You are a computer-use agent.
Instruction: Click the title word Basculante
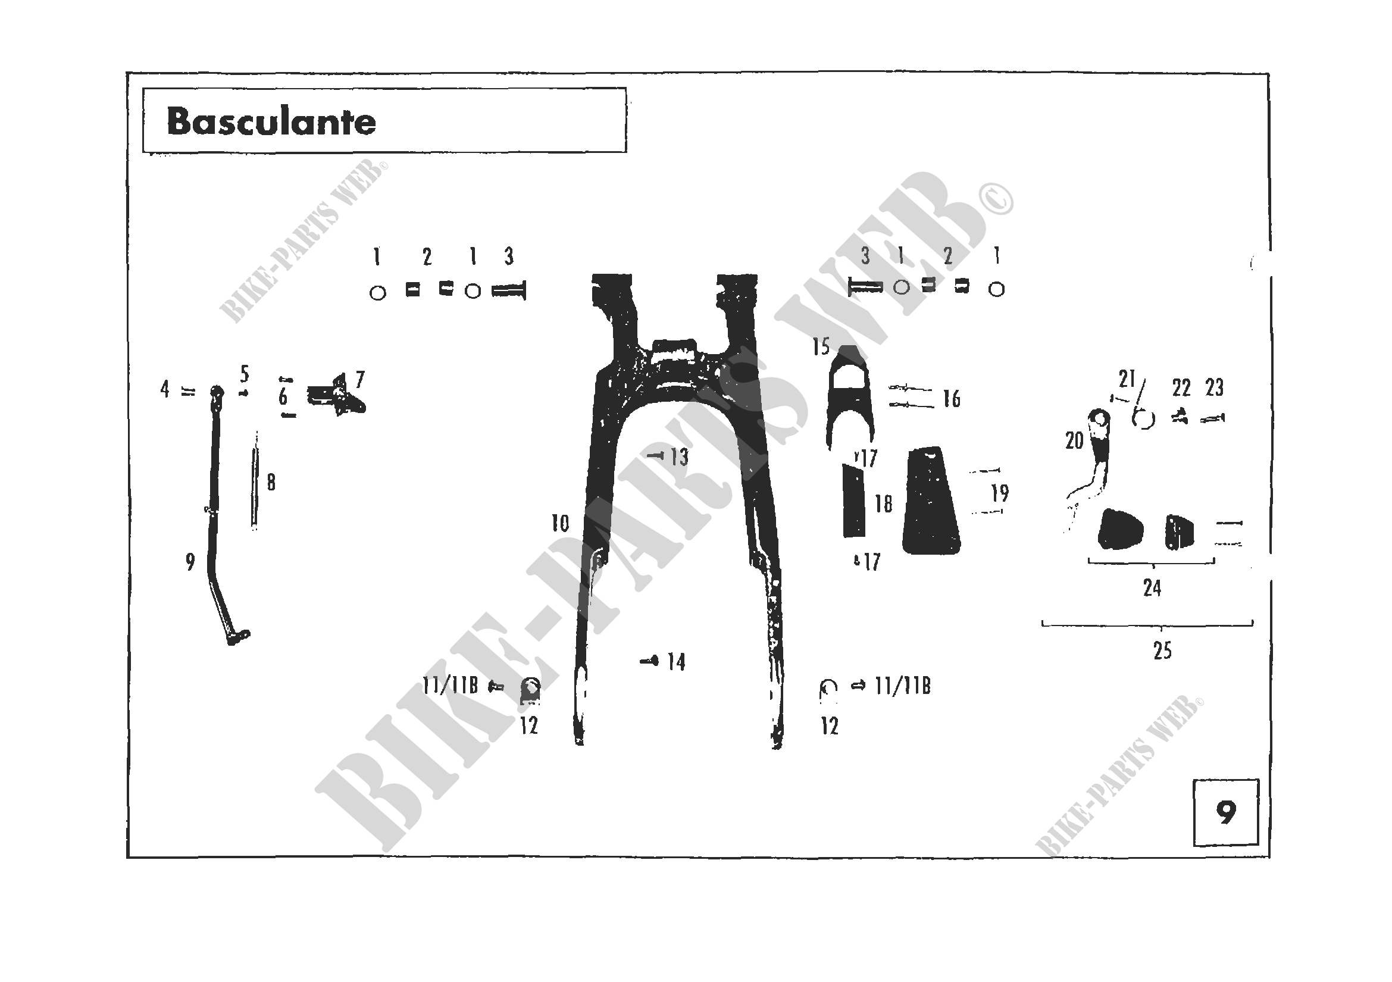(271, 122)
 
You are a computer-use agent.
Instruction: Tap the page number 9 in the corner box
(1225, 813)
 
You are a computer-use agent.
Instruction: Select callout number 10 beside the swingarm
(560, 523)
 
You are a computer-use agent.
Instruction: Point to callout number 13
(680, 457)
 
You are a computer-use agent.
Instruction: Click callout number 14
(676, 662)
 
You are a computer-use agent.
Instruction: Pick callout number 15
(821, 348)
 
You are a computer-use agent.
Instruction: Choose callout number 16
(951, 399)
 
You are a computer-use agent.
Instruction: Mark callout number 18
(883, 503)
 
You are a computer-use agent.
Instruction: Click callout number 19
(1000, 493)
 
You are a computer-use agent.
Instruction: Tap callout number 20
(1074, 440)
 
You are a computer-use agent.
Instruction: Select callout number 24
(1152, 587)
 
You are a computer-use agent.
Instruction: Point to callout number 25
(1162, 651)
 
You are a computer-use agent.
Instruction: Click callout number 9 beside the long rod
(190, 562)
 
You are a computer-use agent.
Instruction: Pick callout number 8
(271, 483)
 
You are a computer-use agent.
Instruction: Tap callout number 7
(360, 380)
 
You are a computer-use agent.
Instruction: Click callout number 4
(164, 389)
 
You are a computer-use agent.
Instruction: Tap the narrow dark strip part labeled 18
(853, 501)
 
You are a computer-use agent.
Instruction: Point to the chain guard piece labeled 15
(850, 397)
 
